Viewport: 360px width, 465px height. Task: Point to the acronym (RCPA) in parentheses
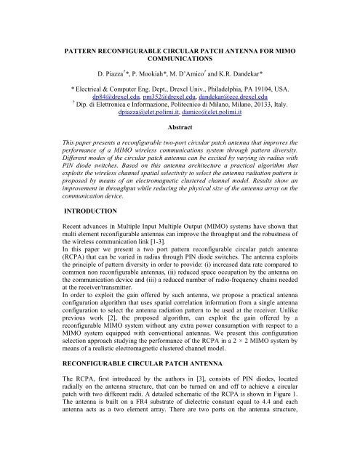(59, 283)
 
